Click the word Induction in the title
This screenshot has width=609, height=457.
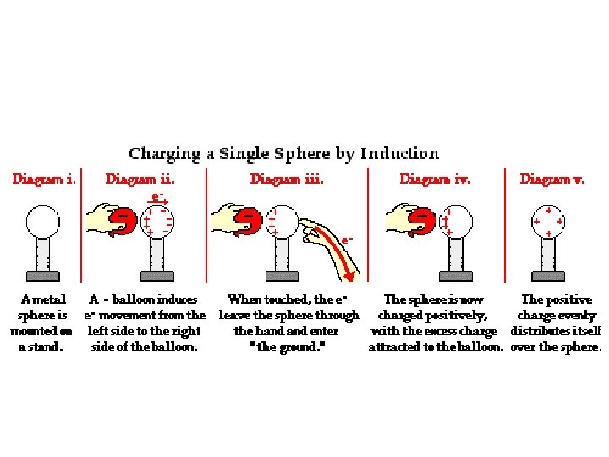pyautogui.click(x=399, y=154)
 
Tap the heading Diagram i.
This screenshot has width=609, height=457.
pyautogui.click(x=45, y=179)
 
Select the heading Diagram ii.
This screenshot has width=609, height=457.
pyautogui.click(x=140, y=179)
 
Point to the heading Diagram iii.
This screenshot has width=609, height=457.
pyautogui.click(x=287, y=179)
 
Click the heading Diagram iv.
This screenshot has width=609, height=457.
pyautogui.click(x=435, y=179)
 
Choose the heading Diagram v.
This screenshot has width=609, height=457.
pyautogui.click(x=551, y=179)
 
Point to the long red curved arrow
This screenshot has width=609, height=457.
pyautogui.click(x=334, y=250)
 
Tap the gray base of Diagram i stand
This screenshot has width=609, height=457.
pyautogui.click(x=42, y=275)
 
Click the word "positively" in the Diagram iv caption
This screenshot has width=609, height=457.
pyautogui.click(x=456, y=316)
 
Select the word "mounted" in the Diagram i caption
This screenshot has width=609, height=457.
pyautogui.click(x=41, y=331)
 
